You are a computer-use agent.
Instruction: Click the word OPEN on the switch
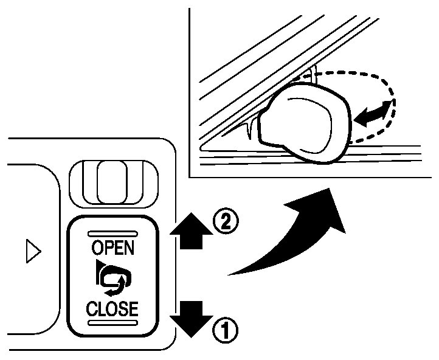(x=112, y=247)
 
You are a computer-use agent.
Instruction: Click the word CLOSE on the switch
(x=112, y=308)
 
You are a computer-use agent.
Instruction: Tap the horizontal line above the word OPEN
(x=112, y=233)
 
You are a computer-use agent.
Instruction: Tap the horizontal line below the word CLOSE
(x=112, y=322)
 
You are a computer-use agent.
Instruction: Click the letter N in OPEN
(x=130, y=247)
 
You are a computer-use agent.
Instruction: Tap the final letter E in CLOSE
(x=132, y=308)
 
